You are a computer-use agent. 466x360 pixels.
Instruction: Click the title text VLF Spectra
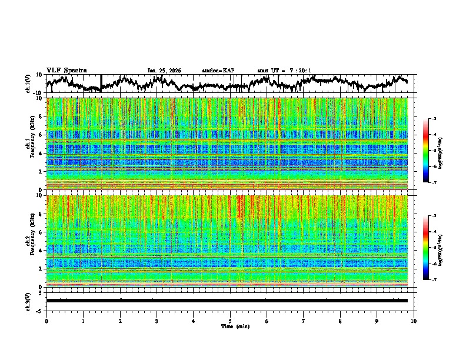coord(66,70)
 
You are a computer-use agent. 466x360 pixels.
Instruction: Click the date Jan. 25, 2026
coord(164,71)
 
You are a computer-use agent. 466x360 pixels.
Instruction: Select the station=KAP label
coord(218,71)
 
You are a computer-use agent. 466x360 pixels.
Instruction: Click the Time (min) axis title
coord(230,326)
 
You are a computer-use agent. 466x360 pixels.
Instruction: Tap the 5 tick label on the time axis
coord(230,321)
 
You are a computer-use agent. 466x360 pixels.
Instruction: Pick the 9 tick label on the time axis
coord(377,321)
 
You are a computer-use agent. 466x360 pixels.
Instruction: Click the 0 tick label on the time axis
coord(46,321)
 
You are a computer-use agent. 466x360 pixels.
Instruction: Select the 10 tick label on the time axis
coord(414,321)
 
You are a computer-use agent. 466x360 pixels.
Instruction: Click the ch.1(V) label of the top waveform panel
coord(28,84)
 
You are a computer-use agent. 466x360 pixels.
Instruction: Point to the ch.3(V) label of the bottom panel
coord(28,300)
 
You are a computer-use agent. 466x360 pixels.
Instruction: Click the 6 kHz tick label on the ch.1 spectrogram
coord(41,135)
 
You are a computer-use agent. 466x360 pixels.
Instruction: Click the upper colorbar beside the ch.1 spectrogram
coord(427,151)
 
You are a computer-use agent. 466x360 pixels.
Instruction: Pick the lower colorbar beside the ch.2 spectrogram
coord(427,248)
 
